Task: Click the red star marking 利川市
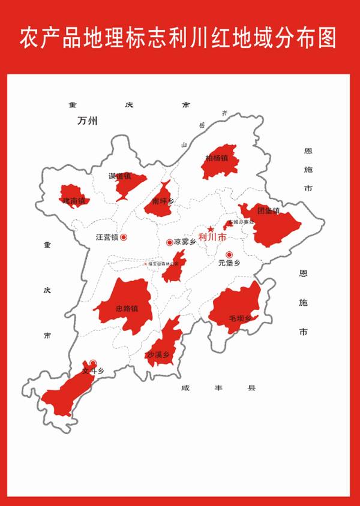pyautogui.click(x=210, y=229)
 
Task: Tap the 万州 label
pyautogui.click(x=87, y=121)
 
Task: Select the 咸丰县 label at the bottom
pyautogui.click(x=218, y=388)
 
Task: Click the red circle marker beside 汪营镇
pyautogui.click(x=124, y=237)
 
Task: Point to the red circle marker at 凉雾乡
pyautogui.click(x=169, y=242)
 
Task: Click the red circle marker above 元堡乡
pyautogui.click(x=229, y=254)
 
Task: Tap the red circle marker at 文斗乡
pyautogui.click(x=93, y=363)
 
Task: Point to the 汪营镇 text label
pyautogui.click(x=107, y=237)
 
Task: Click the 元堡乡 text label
pyautogui.click(x=229, y=263)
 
